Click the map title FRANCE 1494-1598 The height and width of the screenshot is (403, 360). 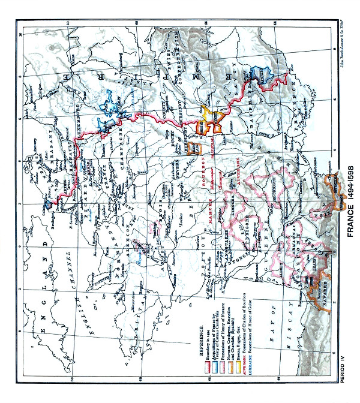click(349, 199)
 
